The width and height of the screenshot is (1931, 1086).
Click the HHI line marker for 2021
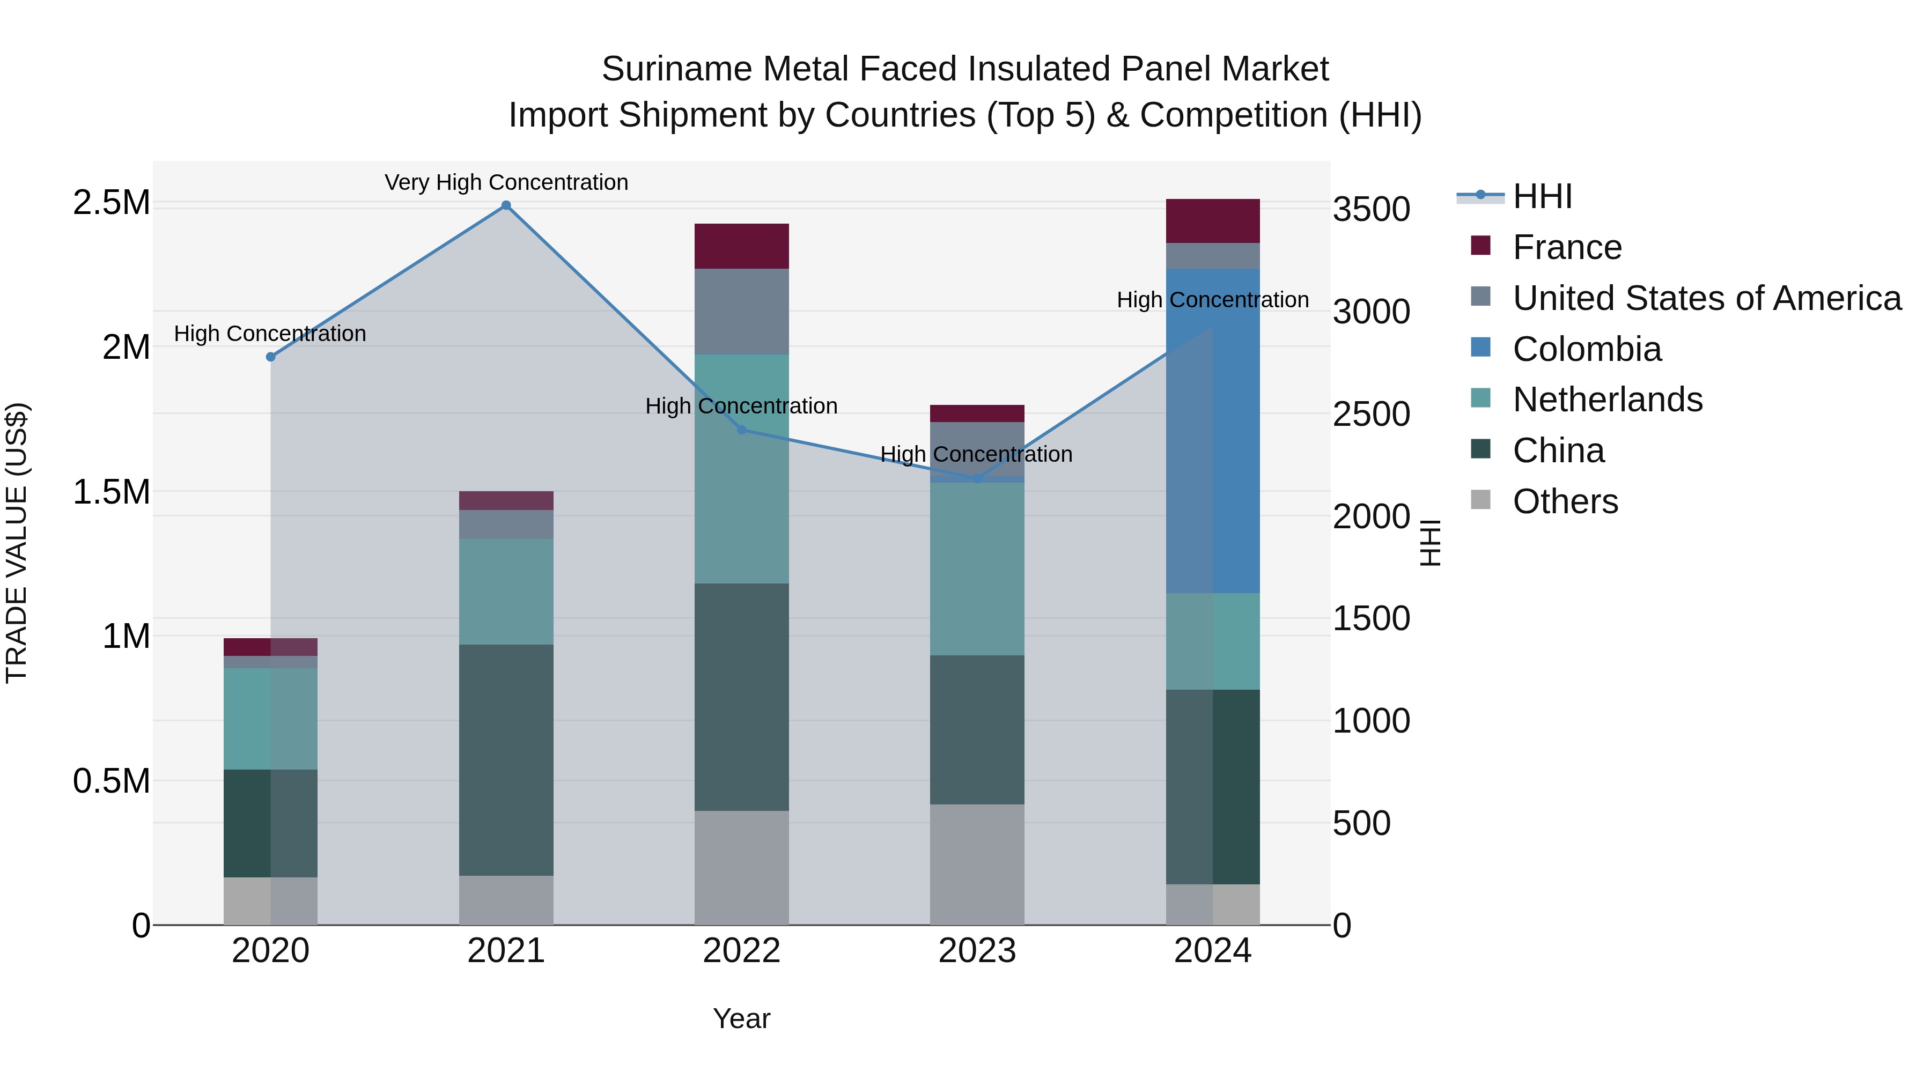pos(506,205)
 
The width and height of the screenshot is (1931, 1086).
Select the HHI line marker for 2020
pos(271,357)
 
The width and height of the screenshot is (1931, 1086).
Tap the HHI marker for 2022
pos(741,430)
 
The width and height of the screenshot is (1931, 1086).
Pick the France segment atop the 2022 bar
pos(741,246)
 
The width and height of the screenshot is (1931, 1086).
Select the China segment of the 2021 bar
pos(506,759)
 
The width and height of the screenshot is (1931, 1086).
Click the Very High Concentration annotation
pos(506,182)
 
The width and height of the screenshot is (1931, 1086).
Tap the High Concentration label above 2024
pos(1212,300)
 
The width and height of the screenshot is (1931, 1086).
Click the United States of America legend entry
pos(1706,298)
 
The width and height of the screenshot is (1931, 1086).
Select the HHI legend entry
pos(1542,196)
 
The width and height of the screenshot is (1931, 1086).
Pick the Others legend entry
pos(1565,501)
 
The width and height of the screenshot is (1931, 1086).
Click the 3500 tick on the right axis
pos(1371,209)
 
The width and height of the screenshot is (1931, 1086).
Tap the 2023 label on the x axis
pos(977,951)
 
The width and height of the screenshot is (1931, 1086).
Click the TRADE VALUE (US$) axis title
pos(17,543)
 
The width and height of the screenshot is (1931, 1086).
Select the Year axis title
pos(741,1018)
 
